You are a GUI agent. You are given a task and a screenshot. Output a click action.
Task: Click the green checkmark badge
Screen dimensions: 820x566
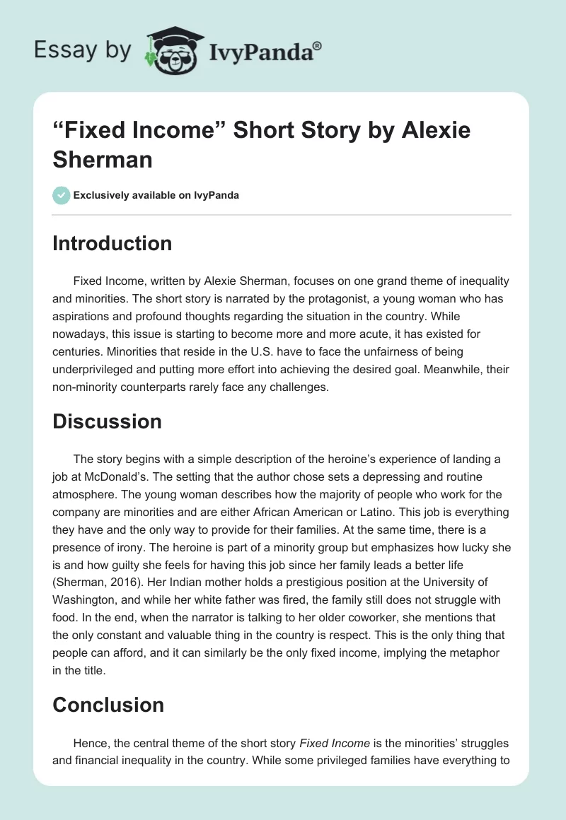point(62,195)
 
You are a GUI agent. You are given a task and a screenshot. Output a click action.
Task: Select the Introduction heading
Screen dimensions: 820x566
point(112,243)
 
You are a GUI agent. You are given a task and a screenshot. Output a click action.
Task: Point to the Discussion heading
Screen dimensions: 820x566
point(107,421)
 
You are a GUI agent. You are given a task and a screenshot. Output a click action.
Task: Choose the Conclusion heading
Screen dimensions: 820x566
point(108,704)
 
